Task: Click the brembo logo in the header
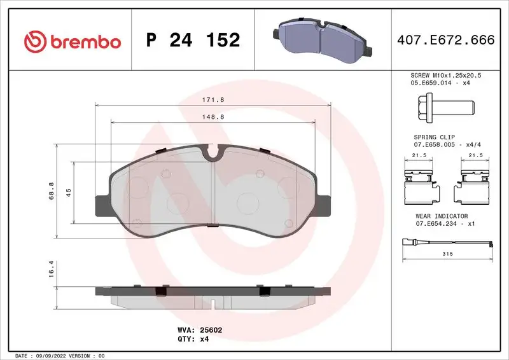point(72,41)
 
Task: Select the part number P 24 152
point(193,41)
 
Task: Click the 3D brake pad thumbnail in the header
point(323,39)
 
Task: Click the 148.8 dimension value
point(213,117)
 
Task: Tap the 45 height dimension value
point(68,193)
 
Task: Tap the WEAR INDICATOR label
point(442,216)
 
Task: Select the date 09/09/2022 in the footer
point(48,356)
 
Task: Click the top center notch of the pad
point(213,152)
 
